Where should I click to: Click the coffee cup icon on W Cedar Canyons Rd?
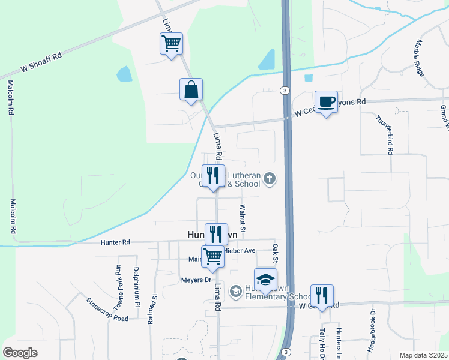pos(326,102)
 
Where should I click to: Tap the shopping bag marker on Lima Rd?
pos(191,89)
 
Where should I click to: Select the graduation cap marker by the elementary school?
pos(265,279)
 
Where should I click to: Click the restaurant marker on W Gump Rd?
pos(322,295)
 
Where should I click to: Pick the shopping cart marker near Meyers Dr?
pos(212,256)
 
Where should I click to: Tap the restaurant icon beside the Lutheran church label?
pos(213,176)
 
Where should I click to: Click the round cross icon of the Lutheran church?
pos(270,178)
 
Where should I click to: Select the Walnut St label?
pos(243,218)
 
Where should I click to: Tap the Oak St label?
pos(275,253)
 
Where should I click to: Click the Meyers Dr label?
pos(196,280)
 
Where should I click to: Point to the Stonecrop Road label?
pos(107,310)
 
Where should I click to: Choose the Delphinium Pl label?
pos(137,287)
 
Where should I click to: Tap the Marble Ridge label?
pos(418,58)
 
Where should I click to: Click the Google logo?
pos(20,353)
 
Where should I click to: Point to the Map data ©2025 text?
pos(423,355)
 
